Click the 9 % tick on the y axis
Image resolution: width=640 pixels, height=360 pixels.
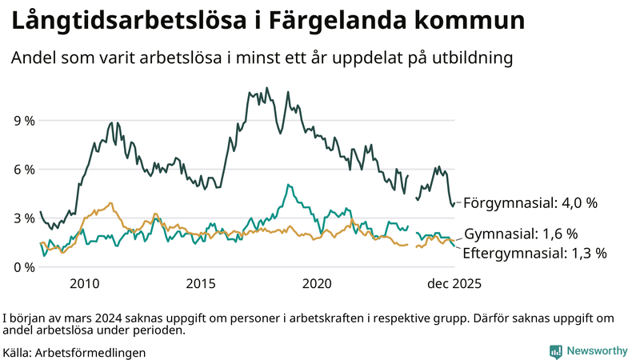pyautogui.click(x=23, y=121)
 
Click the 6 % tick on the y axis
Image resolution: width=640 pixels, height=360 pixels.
pyautogui.click(x=23, y=170)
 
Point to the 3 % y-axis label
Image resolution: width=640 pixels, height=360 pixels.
pyautogui.click(x=23, y=218)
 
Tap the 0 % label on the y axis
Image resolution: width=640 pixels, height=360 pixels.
pyautogui.click(x=23, y=267)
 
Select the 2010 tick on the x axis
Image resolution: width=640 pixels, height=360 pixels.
pyautogui.click(x=85, y=284)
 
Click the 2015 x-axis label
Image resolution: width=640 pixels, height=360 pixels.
pyautogui.click(x=201, y=284)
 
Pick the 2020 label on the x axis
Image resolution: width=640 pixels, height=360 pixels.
pyautogui.click(x=318, y=284)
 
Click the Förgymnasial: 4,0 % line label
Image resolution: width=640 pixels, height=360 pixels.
pyautogui.click(x=530, y=203)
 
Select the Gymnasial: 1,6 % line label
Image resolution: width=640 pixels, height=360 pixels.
pyautogui.click(x=521, y=234)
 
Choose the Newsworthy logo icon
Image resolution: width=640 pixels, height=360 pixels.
pyautogui.click(x=555, y=351)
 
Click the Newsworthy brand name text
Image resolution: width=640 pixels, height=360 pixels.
pyautogui.click(x=598, y=351)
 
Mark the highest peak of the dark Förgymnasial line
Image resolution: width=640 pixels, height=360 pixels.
pyautogui.click(x=266, y=88)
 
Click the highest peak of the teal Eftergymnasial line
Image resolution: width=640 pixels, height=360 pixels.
pyautogui.click(x=286, y=185)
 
